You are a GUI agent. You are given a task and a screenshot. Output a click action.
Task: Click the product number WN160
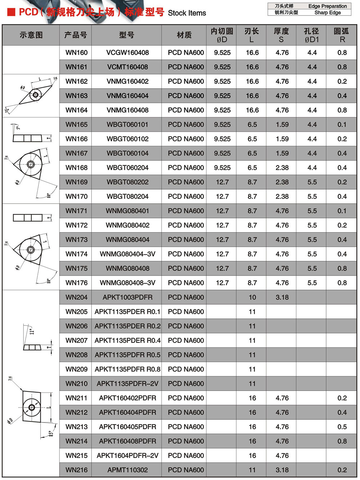pos(76,53)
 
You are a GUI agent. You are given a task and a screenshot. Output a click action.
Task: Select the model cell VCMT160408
pos(127,67)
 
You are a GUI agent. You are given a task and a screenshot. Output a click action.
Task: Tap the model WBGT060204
pos(127,168)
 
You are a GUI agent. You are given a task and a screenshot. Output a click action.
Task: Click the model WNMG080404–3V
pos(127,254)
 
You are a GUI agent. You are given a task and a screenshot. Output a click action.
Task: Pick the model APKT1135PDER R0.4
pos(127,341)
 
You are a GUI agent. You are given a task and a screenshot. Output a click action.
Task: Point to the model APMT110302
pos(127,470)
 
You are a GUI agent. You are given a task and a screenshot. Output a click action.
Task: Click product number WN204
pos(76,297)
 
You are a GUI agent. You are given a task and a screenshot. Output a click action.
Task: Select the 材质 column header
pos(184,35)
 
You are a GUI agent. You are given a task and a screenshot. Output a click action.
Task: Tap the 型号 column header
pos(126,35)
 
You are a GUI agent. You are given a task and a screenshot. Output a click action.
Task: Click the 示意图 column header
pos(31,35)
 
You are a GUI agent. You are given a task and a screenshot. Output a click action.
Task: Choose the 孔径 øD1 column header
pos(312,35)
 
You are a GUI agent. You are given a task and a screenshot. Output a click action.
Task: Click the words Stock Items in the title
pos(187,13)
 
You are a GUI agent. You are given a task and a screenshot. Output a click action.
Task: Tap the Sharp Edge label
pos(327,13)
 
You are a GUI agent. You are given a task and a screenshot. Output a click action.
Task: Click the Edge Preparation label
pos(327,6)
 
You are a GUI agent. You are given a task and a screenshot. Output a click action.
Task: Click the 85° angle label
pos(51,433)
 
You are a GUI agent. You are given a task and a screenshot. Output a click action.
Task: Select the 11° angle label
pos(32,331)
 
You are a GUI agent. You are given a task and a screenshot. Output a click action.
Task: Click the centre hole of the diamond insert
pos(35,95)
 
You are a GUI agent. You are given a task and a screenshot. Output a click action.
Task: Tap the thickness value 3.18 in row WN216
pos(282,470)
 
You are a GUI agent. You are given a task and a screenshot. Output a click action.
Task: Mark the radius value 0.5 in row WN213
pos(342,427)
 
